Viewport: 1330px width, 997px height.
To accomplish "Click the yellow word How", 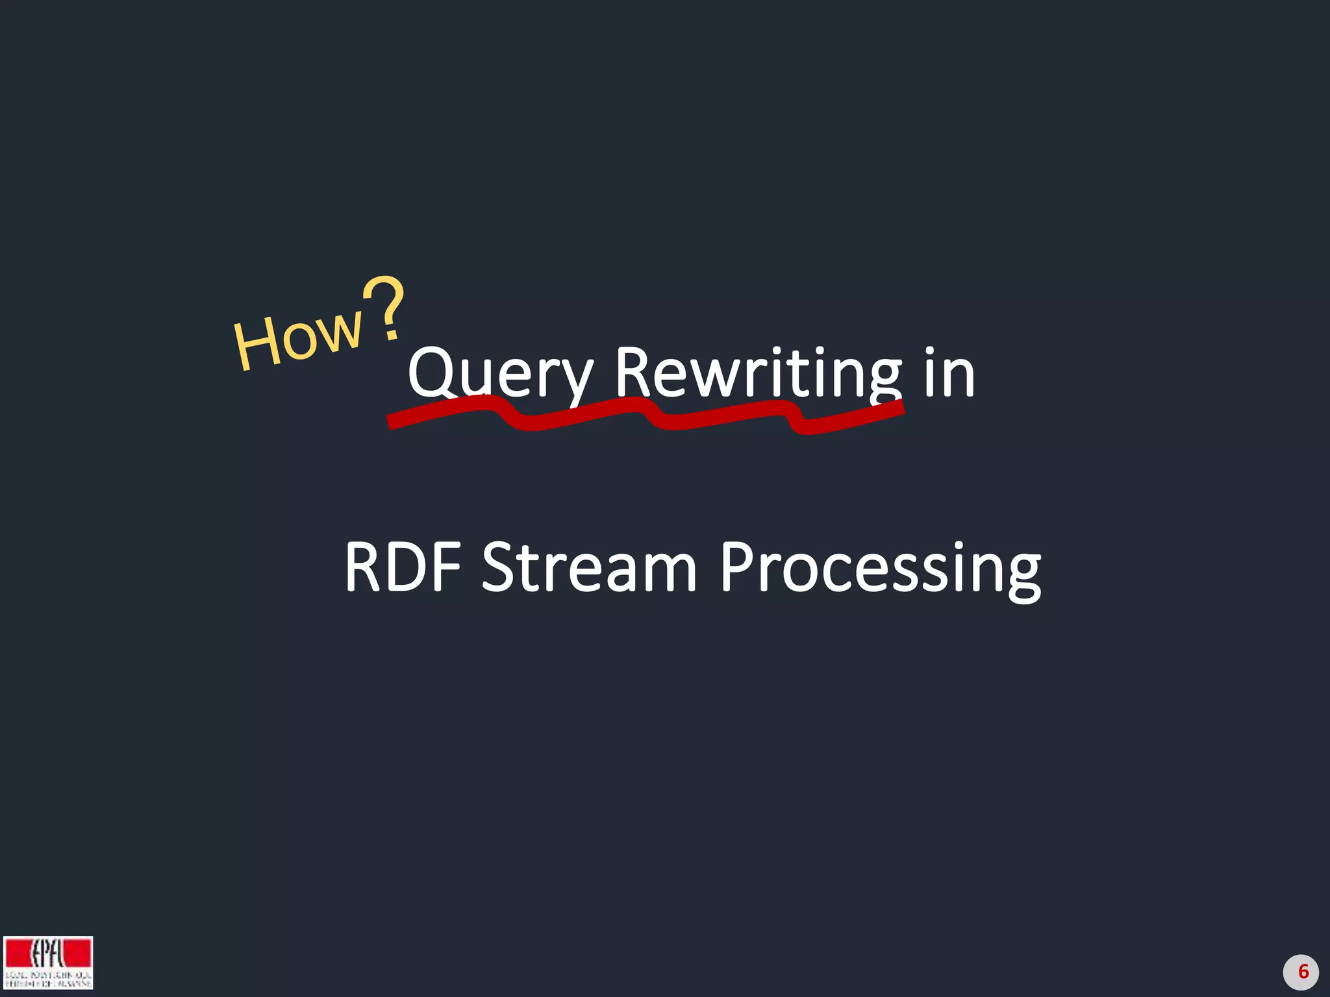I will pyautogui.click(x=298, y=338).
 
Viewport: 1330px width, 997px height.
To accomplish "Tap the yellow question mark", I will pyautogui.click(x=384, y=308).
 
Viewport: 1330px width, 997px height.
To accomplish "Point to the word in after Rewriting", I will pyautogui.click(x=949, y=373).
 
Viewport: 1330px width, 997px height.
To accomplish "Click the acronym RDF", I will pyautogui.click(x=403, y=567).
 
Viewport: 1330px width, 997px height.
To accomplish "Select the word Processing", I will pyautogui.click(x=881, y=569).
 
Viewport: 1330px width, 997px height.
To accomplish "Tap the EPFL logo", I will pyautogui.click(x=48, y=962).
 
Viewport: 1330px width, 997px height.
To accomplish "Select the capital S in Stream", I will pyautogui.click(x=500, y=567).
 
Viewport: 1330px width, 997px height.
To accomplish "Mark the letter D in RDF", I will pyautogui.click(x=409, y=567).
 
